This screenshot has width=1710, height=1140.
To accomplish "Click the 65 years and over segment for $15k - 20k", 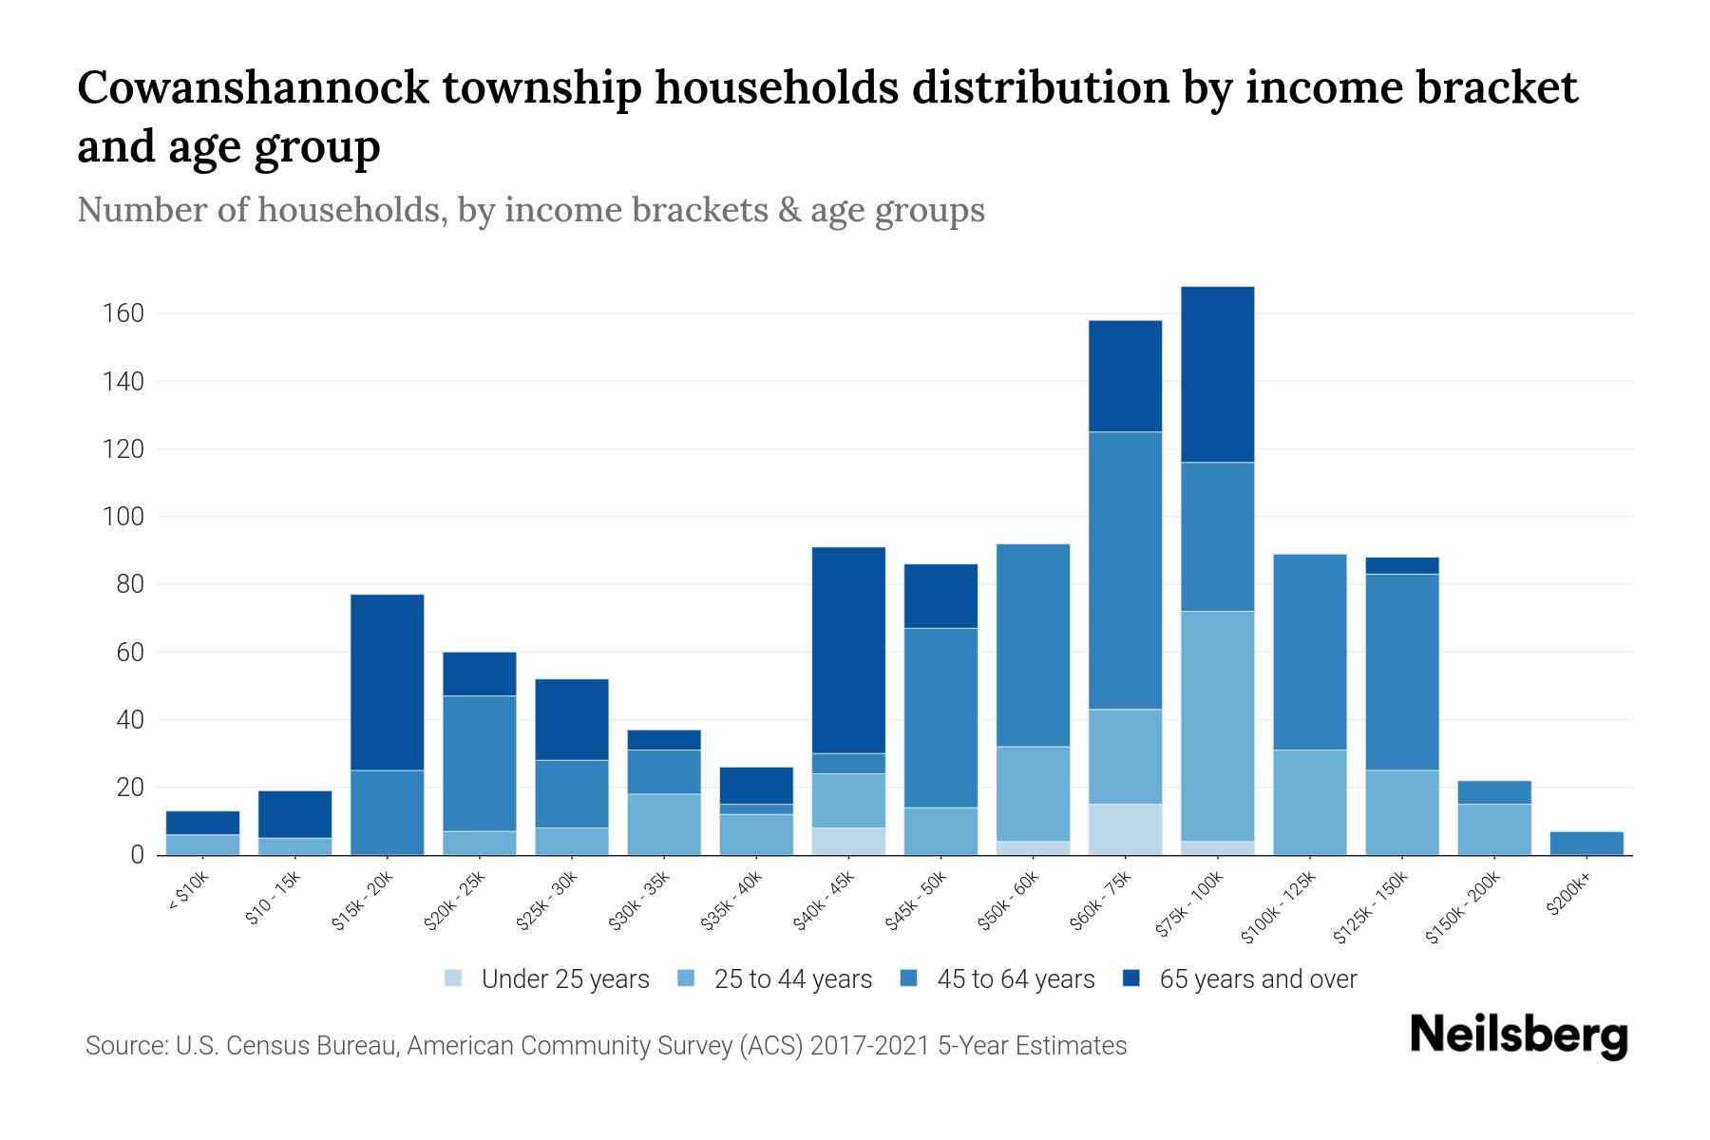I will click(x=387, y=682).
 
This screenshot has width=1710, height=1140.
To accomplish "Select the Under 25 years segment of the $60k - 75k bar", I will click(x=1125, y=829).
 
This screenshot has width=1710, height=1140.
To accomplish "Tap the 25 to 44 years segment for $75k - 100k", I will click(x=1217, y=726).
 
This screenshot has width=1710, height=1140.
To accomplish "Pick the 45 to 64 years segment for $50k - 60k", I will click(x=1033, y=645).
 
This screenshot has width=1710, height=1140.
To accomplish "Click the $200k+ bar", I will click(x=1586, y=843).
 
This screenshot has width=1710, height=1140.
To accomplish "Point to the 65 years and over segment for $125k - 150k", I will click(x=1401, y=565).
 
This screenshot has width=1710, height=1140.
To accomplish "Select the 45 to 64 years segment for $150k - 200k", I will click(x=1494, y=792).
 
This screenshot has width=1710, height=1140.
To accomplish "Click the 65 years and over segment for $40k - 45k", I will click(x=848, y=650).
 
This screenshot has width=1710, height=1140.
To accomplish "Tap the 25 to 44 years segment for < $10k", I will click(x=202, y=845).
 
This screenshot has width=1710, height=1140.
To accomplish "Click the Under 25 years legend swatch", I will click(x=454, y=978).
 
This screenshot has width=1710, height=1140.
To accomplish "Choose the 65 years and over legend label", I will click(x=1258, y=978).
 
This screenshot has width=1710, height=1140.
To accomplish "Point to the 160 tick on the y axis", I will click(x=123, y=313).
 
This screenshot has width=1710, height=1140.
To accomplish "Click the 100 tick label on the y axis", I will click(x=123, y=517).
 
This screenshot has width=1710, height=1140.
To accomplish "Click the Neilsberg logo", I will click(x=1518, y=1035).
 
